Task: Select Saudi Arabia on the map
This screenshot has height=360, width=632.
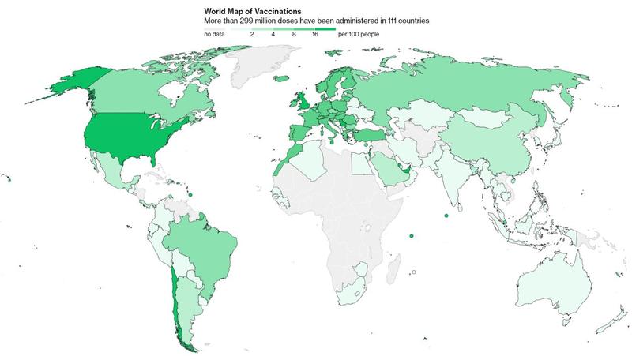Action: (x=388, y=168)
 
